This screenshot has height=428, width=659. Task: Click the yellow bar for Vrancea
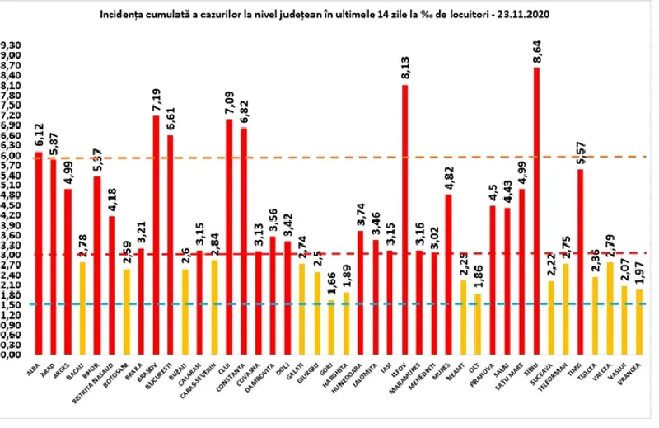pyautogui.click(x=640, y=322)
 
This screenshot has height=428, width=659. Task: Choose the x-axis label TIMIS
pyautogui.click(x=579, y=372)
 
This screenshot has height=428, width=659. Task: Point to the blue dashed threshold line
pyautogui.click(x=329, y=304)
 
